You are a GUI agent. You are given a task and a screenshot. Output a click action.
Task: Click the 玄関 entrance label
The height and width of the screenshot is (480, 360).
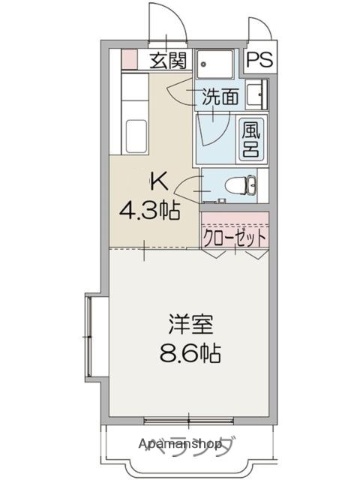pyautogui.click(x=169, y=60)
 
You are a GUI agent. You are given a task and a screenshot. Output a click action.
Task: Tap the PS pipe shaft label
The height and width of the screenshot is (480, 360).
pyautogui.click(x=258, y=60)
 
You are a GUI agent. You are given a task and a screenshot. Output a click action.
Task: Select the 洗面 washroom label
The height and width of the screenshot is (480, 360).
pyautogui.click(x=220, y=97)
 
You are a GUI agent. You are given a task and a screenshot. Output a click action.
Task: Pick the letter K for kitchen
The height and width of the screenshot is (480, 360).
pyautogui.click(x=157, y=182)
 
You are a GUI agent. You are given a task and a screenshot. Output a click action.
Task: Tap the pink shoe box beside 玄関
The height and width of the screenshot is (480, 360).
pyautogui.click(x=129, y=61)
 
